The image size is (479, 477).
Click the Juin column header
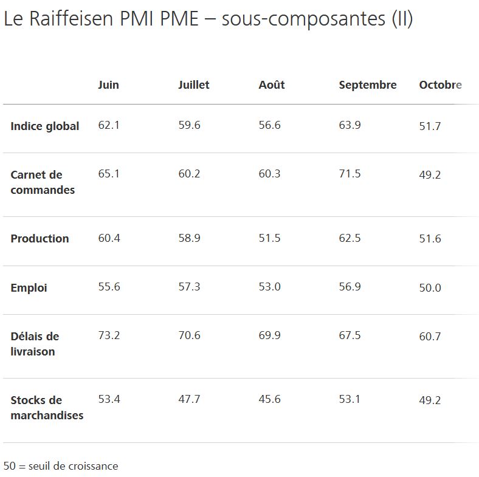[x=108, y=85]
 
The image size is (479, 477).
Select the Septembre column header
[x=368, y=85]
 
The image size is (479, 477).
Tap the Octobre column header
[x=440, y=85]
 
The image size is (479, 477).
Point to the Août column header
[x=272, y=84]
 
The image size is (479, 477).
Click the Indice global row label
[x=44, y=126]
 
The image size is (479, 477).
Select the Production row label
[x=40, y=238]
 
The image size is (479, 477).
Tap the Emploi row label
[x=29, y=287]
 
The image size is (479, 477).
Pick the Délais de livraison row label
[x=35, y=344]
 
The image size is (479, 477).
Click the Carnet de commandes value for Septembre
[x=350, y=174]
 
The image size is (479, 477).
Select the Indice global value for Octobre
[x=430, y=126]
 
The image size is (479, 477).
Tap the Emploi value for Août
[x=269, y=287]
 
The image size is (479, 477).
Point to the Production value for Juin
[x=109, y=238]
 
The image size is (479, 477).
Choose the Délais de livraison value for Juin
[x=109, y=335]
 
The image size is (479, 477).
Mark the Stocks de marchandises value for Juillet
[x=189, y=399]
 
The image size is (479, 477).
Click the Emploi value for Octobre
[x=430, y=287]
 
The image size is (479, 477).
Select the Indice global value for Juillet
[x=189, y=125]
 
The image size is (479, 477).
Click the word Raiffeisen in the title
[x=72, y=18]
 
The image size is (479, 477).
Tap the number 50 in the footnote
[x=10, y=466]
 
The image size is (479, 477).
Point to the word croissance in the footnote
[x=95, y=466]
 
